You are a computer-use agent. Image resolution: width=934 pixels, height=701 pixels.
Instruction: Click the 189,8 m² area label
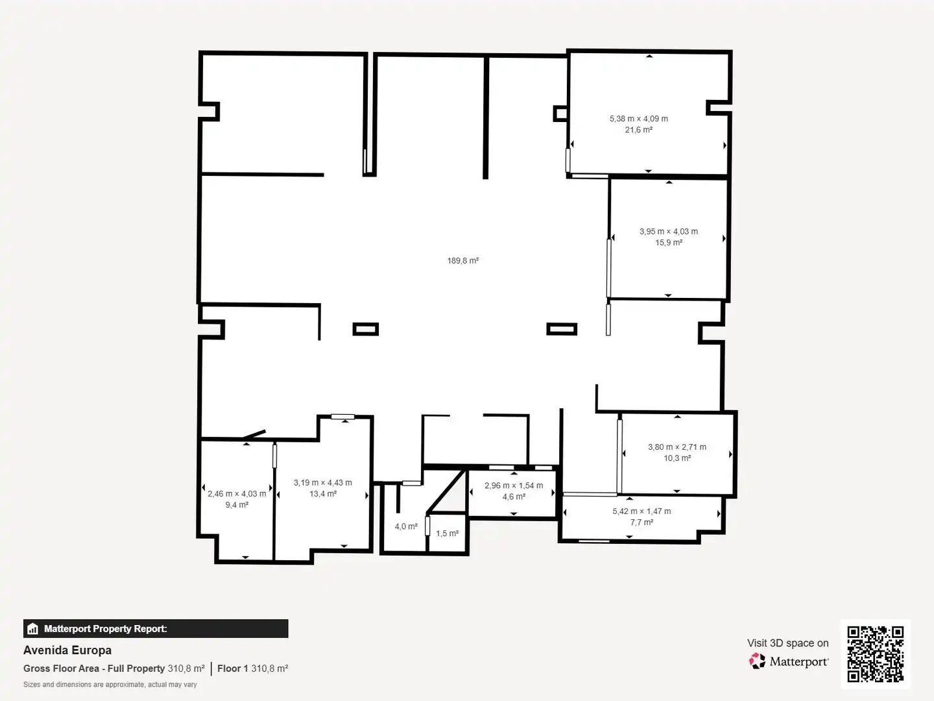[463, 260]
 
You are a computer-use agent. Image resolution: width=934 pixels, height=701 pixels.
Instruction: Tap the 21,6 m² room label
[639, 130]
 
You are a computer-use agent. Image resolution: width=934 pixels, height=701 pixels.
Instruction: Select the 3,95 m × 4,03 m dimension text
[669, 232]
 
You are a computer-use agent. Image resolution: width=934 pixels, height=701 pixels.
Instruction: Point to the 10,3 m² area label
[677, 458]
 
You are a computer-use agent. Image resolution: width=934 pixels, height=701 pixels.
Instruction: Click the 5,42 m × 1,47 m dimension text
[641, 511]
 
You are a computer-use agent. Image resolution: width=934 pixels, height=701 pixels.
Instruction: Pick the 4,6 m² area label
[514, 497]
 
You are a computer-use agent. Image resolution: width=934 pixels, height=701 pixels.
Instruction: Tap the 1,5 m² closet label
[447, 534]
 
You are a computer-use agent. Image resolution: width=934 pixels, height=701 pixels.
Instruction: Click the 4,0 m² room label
[406, 526]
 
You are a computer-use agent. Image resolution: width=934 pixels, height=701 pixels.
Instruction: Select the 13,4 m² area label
[323, 494]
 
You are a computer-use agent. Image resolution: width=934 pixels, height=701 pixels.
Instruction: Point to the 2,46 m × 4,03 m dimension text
[237, 494]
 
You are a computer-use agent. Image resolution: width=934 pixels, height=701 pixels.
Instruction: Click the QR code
[875, 654]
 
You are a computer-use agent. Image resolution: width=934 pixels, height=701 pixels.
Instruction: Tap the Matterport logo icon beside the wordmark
[757, 661]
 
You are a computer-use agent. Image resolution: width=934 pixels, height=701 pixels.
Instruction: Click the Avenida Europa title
[67, 650]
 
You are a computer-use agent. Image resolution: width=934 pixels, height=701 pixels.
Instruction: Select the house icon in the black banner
[33, 629]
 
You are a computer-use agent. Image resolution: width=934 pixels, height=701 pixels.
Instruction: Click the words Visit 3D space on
[788, 643]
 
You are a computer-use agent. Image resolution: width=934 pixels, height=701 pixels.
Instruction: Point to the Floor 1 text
[233, 669]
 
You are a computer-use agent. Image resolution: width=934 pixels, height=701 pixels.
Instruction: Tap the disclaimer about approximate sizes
[110, 684]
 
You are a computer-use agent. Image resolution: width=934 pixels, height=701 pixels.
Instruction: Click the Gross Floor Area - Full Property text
[94, 669]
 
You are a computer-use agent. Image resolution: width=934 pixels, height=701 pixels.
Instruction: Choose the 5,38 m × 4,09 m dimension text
[639, 119]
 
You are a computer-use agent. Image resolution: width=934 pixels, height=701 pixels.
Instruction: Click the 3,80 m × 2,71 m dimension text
[677, 447]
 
